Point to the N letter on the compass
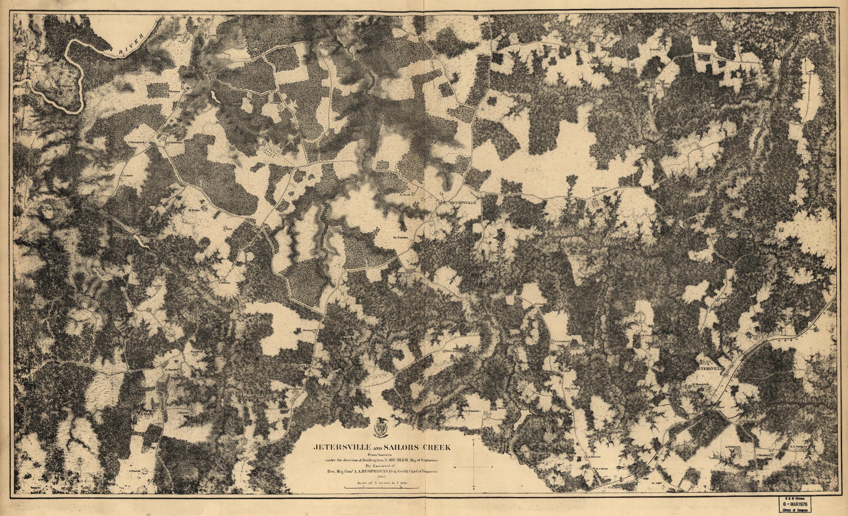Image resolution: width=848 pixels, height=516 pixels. pos(474,441)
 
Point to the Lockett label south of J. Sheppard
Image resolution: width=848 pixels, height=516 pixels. pos(127,175)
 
